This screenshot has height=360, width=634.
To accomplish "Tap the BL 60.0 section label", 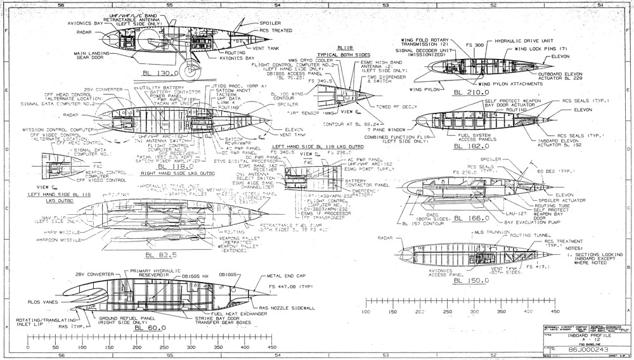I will [150, 327].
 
